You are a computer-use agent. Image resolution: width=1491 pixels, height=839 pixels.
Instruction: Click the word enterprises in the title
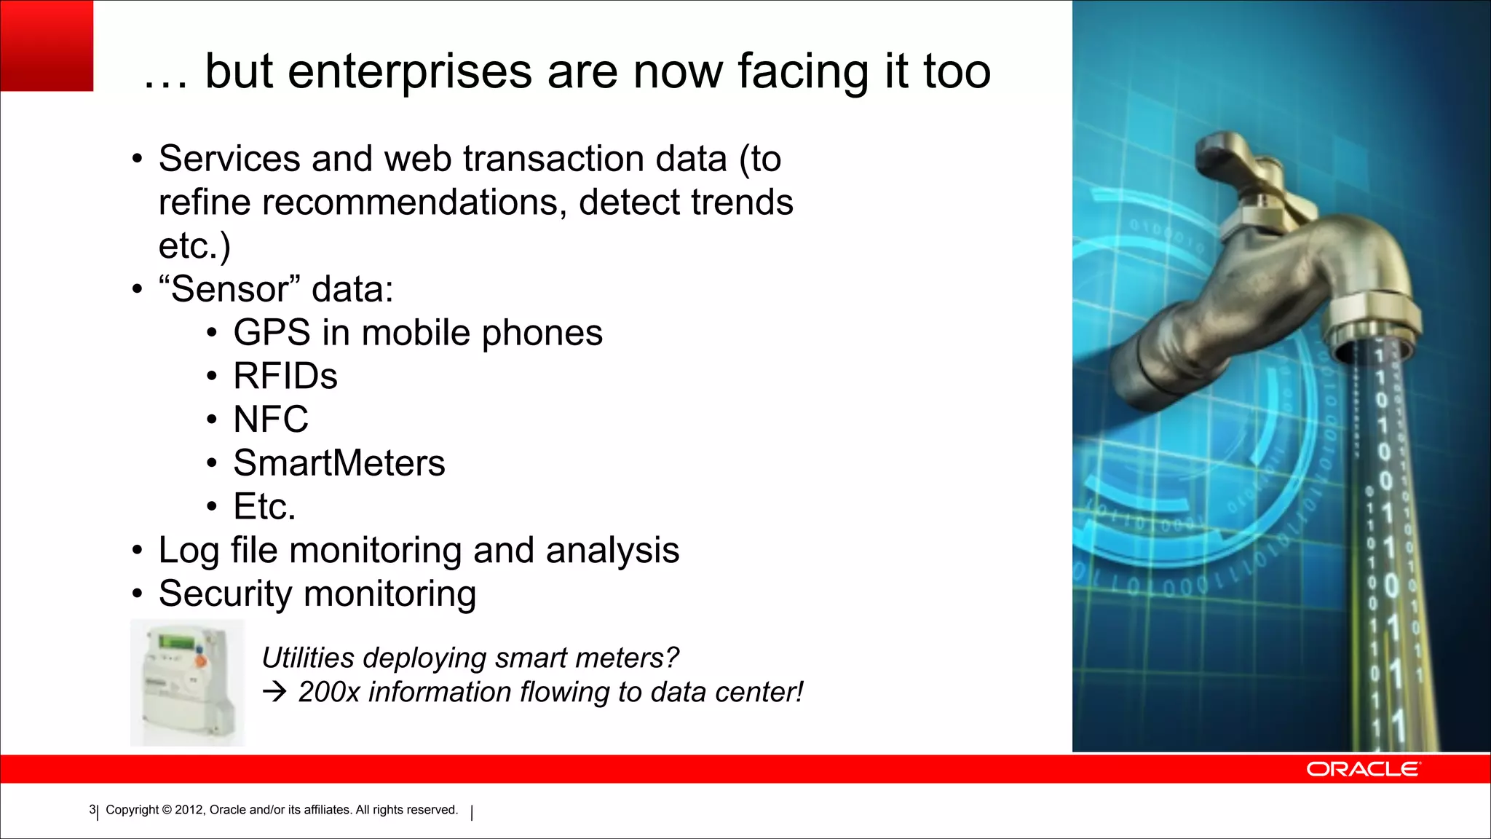409,73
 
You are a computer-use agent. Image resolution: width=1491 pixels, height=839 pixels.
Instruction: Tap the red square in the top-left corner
47,45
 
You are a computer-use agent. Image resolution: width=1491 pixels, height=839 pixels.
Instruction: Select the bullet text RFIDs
285,377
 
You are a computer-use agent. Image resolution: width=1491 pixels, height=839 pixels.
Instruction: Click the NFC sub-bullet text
271,419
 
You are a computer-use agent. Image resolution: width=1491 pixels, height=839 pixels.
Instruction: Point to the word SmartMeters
339,463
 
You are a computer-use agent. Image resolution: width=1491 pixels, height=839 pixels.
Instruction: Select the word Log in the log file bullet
189,550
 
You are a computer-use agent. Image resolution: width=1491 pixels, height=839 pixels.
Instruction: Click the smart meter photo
188,682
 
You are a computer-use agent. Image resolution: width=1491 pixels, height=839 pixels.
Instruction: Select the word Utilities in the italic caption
307,658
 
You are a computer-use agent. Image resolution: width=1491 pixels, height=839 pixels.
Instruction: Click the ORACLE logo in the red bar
1362,769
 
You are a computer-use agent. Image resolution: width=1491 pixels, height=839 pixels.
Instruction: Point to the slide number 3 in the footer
92,810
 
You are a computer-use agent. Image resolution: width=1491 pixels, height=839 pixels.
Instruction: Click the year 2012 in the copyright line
189,810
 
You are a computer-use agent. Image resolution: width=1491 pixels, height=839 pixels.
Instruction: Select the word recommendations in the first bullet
414,202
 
